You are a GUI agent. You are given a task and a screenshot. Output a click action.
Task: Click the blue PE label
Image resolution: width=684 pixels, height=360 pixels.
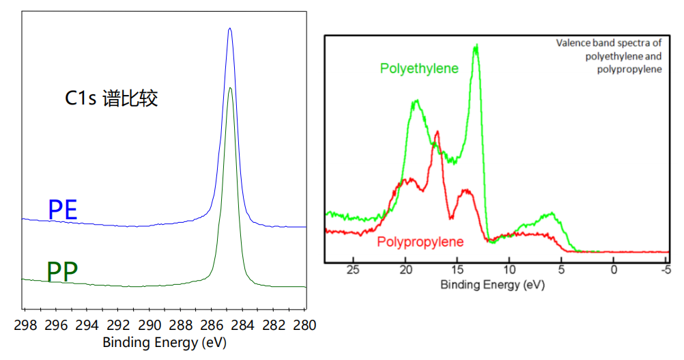pos(62,210)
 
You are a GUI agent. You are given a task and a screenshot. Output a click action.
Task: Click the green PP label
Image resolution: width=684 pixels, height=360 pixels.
pos(62,273)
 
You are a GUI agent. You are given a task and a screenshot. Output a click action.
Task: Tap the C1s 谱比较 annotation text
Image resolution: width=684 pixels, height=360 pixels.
pos(111,99)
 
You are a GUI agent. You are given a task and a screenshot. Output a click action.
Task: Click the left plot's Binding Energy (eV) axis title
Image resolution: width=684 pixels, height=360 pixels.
pos(165,342)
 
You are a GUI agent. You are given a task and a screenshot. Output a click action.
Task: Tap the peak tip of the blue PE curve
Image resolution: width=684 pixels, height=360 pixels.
pos(230,29)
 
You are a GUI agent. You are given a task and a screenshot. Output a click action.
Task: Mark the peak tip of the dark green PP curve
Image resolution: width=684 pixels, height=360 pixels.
pos(230,88)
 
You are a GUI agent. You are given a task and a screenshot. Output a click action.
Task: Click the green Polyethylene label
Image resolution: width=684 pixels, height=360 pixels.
pos(419,69)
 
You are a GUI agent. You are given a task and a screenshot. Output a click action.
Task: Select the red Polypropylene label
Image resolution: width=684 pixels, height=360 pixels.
pos(420,242)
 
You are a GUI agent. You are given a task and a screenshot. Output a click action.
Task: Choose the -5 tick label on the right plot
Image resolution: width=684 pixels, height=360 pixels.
pos(665,271)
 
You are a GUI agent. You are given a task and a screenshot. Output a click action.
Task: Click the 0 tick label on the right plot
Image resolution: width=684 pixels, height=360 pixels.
pos(614,271)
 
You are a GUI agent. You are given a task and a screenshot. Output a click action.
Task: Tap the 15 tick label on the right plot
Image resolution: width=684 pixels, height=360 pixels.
pos(457,271)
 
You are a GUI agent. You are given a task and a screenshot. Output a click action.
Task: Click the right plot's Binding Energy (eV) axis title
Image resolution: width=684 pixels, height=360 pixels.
pos(492,285)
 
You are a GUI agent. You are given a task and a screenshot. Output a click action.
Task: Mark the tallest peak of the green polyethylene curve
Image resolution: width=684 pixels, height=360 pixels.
pos(476,46)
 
